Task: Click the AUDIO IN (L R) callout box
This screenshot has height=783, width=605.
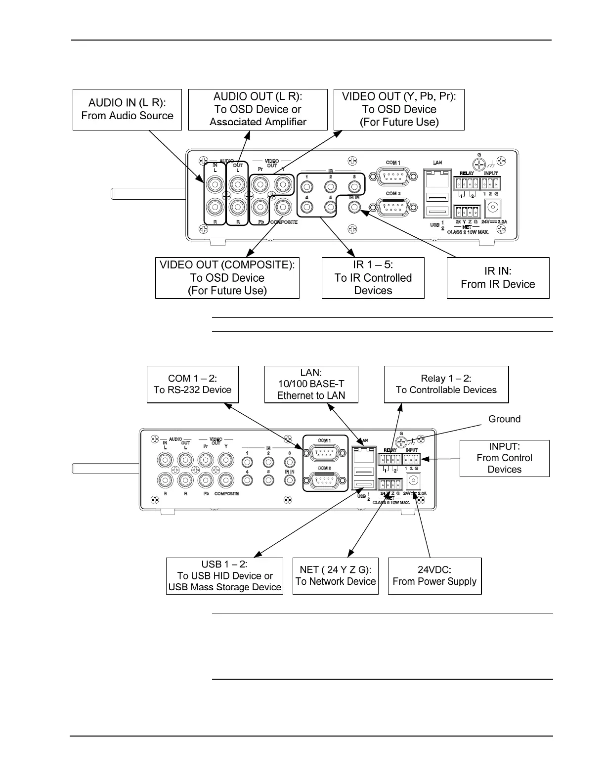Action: point(127,109)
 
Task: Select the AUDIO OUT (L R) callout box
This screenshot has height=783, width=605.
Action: point(258,109)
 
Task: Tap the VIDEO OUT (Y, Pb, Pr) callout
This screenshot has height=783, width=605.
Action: point(399,109)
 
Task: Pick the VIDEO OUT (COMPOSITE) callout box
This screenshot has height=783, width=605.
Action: point(227,278)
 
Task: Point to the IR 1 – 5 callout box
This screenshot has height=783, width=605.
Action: point(373,278)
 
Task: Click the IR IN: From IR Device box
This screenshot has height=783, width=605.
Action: point(498,278)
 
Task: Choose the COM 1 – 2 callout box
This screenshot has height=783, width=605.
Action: point(192,384)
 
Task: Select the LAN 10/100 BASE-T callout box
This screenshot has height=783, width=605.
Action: point(311,384)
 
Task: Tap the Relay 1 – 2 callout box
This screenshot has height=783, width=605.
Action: point(446,384)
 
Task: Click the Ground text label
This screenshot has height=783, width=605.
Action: point(504,419)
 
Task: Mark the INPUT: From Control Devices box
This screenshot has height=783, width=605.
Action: point(504,458)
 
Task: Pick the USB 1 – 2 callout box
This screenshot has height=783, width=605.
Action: point(224,576)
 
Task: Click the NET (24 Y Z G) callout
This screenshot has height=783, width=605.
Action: point(335,576)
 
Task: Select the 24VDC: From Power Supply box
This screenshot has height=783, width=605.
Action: point(434,576)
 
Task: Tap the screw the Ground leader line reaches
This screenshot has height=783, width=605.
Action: point(402,441)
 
